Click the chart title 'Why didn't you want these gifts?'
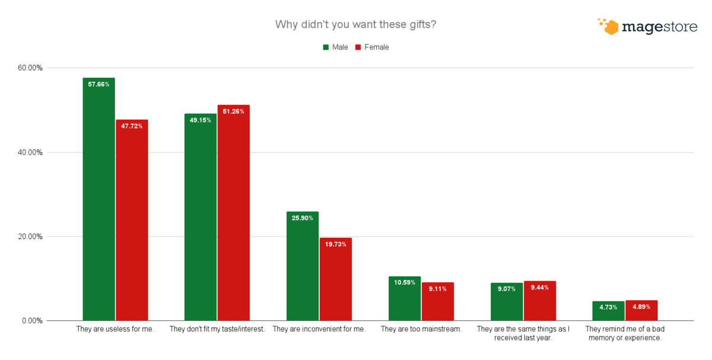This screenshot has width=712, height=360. click(x=356, y=25)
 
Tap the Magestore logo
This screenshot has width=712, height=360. click(x=647, y=27)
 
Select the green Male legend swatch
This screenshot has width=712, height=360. click(x=326, y=47)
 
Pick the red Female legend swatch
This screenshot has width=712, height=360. click(x=358, y=47)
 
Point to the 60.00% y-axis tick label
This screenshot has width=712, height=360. click(x=30, y=68)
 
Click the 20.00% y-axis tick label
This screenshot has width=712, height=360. click(x=30, y=237)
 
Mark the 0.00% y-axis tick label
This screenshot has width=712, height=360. click(x=32, y=321)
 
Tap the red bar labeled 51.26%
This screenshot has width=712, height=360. click(x=233, y=213)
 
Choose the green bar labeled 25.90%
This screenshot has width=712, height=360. click(x=303, y=266)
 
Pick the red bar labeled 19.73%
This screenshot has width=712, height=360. click(x=336, y=279)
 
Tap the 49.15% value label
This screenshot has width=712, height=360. click(x=201, y=120)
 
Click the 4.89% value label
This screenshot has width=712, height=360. click(x=641, y=307)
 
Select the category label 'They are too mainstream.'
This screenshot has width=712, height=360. click(x=421, y=329)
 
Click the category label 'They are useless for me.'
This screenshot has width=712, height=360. click(x=115, y=329)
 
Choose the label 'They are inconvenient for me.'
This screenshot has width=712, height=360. click(x=319, y=329)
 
